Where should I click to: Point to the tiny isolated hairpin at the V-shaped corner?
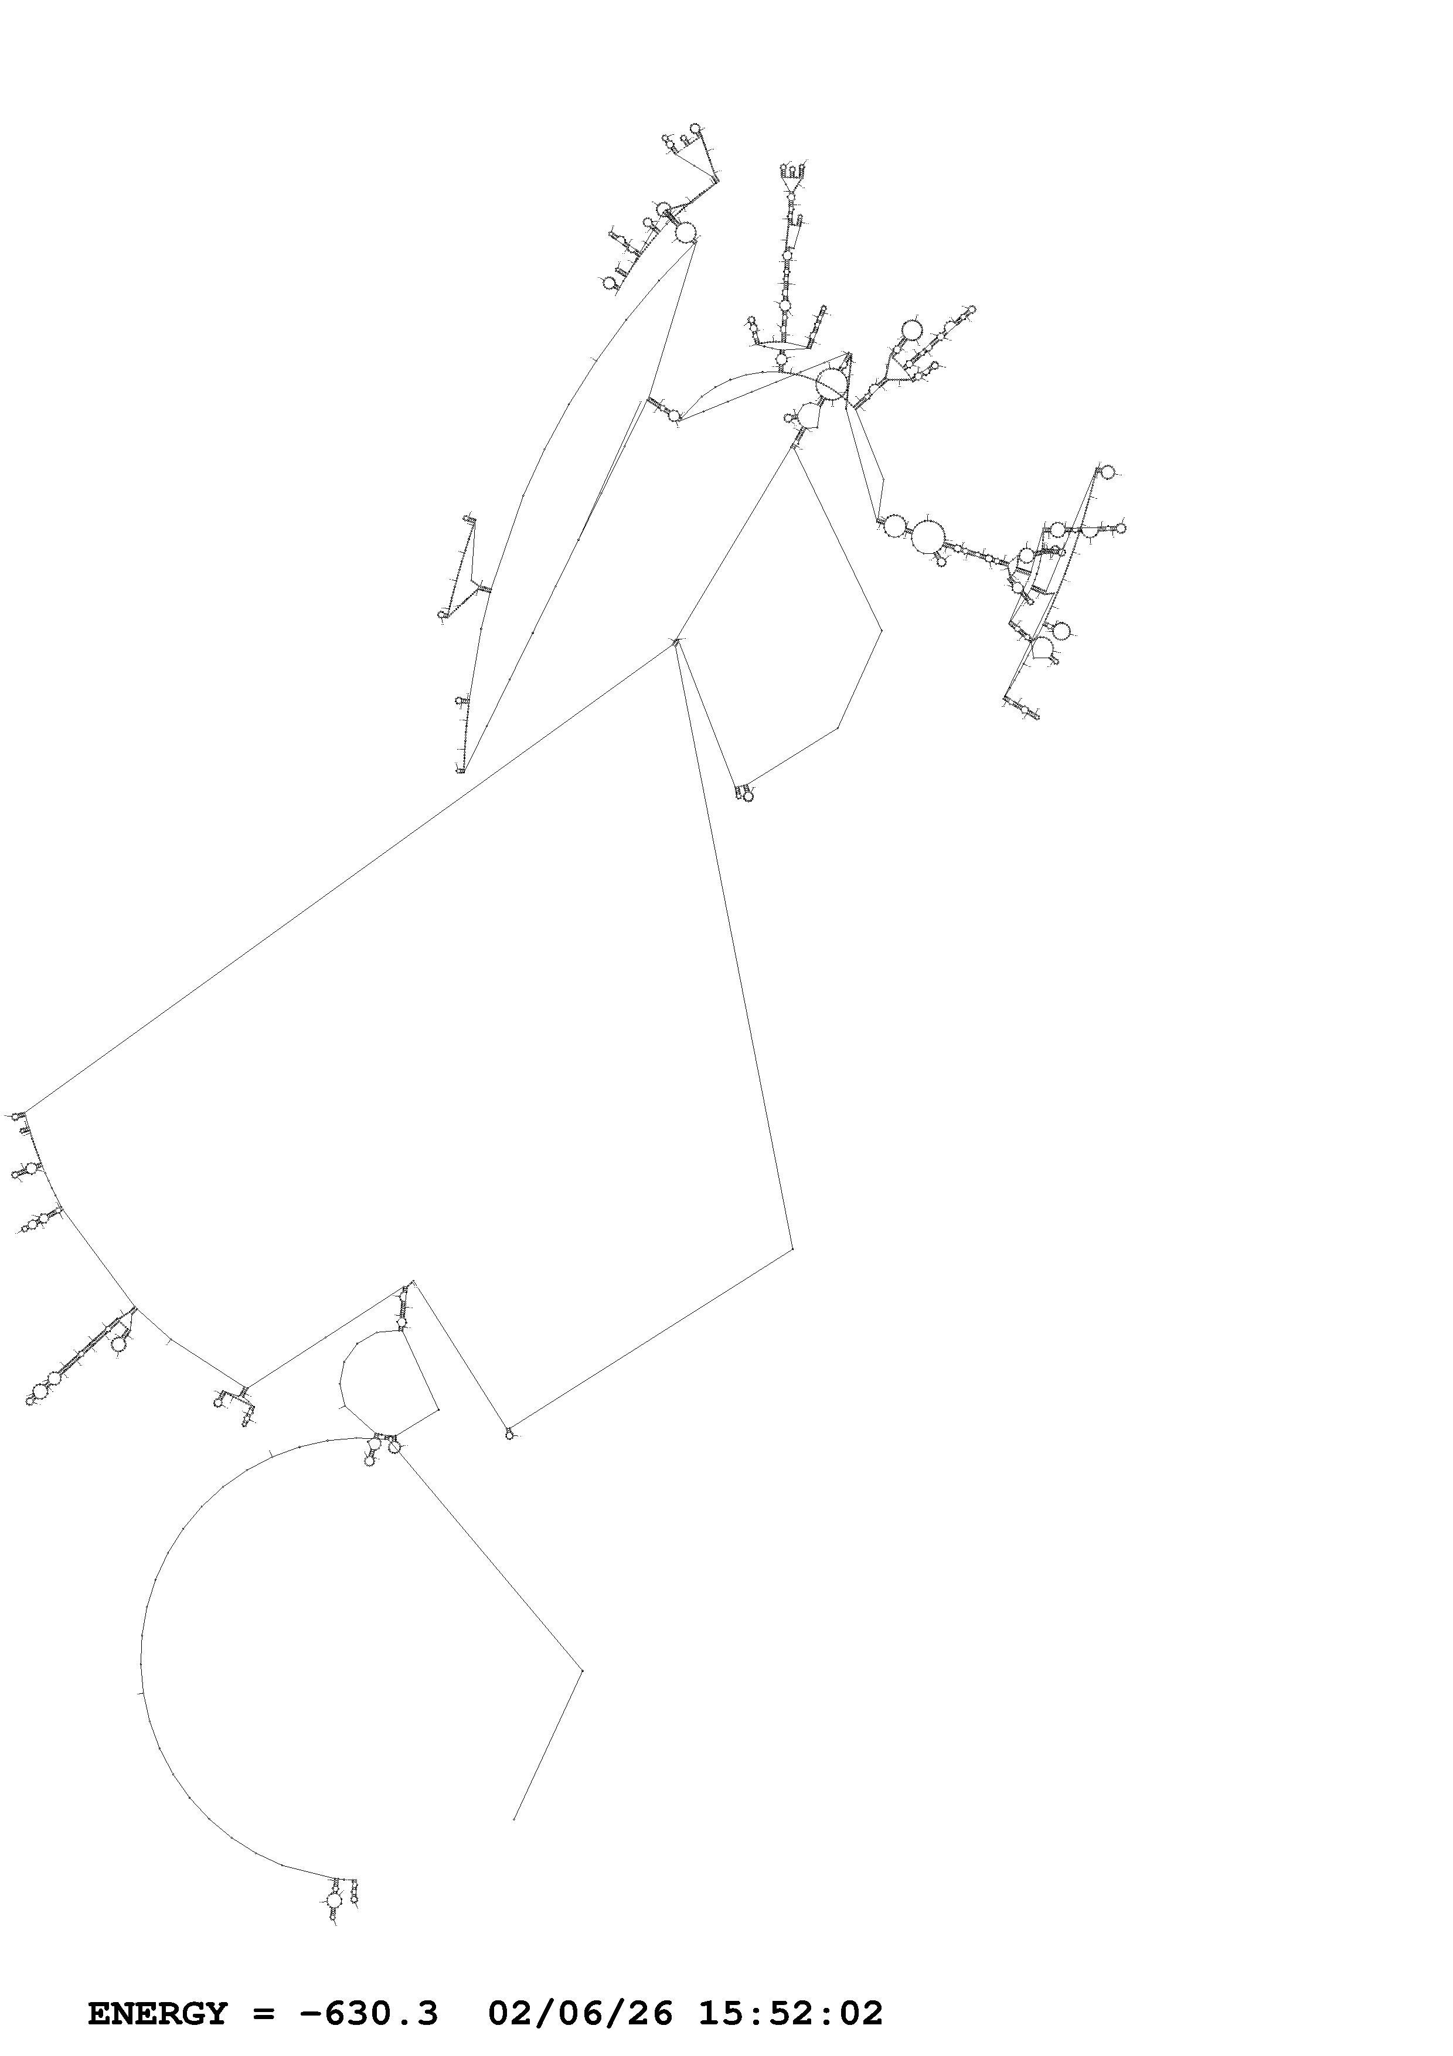tap(509, 1435)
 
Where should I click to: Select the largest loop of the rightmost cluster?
tap(927, 536)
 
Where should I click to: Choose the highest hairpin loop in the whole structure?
tap(696, 128)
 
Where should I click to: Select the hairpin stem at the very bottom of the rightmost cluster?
tap(1026, 709)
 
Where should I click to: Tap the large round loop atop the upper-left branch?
tap(685, 233)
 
